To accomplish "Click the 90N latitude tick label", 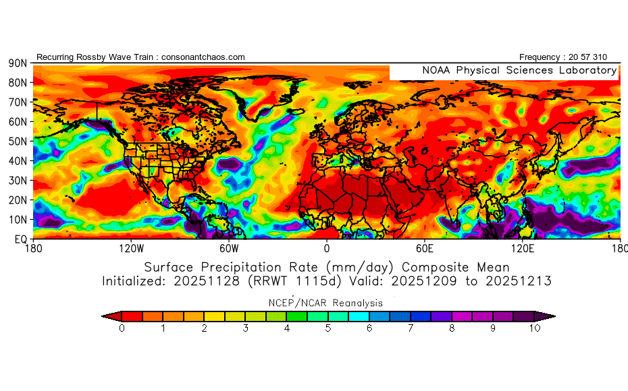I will pyautogui.click(x=17, y=63).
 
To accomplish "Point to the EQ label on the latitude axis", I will pyautogui.click(x=20, y=239).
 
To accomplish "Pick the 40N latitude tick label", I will pyautogui.click(x=17, y=160).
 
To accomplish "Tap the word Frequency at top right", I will pyautogui.click(x=540, y=57).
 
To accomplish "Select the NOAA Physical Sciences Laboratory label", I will pyautogui.click(x=519, y=70).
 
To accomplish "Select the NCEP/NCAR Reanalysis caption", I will pyautogui.click(x=326, y=303).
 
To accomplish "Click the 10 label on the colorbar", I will pyautogui.click(x=534, y=328).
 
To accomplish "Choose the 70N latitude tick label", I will pyautogui.click(x=17, y=102).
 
